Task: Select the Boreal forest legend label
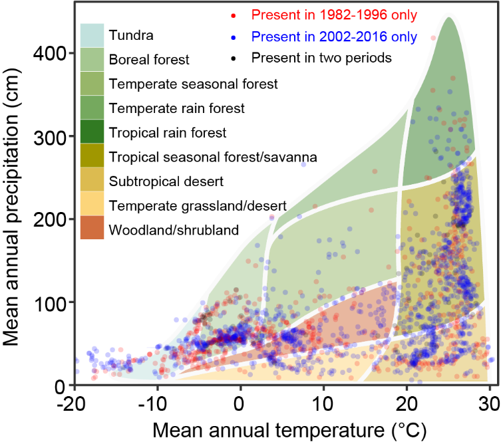click(x=150, y=59)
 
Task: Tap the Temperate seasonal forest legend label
click(x=193, y=84)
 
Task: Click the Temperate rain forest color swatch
click(x=92, y=108)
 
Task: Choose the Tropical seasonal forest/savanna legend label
click(x=212, y=157)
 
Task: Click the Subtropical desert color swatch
click(x=92, y=180)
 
